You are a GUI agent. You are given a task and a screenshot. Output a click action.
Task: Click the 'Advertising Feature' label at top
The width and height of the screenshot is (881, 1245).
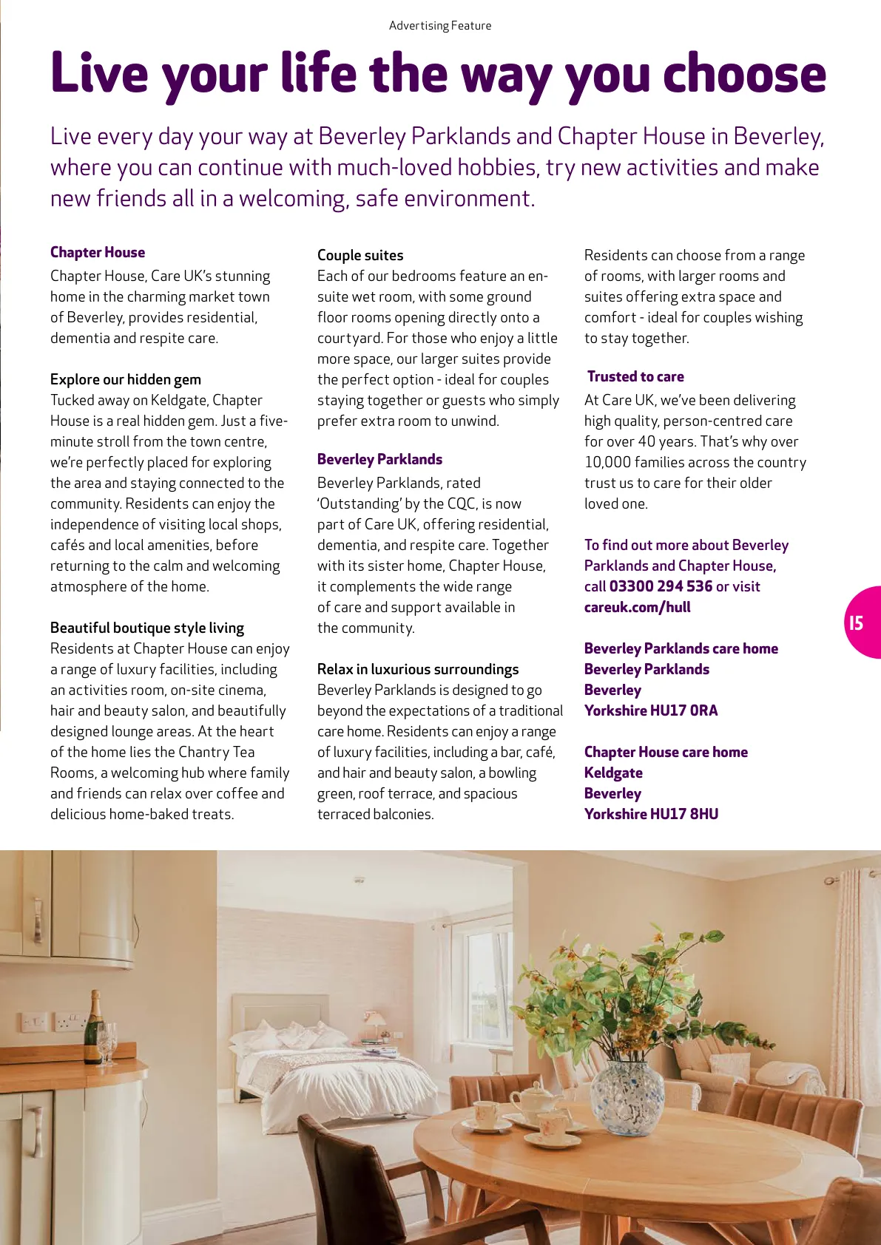pos(440,25)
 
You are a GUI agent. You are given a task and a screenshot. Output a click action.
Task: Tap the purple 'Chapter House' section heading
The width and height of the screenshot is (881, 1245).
pos(98,252)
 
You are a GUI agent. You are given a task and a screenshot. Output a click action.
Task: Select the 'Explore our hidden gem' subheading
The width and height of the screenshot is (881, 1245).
pos(126,379)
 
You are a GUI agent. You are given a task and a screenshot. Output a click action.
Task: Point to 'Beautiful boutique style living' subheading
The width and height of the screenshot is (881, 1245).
pos(147,628)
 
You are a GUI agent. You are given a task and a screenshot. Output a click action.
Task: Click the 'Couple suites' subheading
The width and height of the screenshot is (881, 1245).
pos(360,255)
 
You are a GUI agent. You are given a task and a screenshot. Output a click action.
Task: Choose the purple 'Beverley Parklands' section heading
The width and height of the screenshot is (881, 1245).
pos(379,459)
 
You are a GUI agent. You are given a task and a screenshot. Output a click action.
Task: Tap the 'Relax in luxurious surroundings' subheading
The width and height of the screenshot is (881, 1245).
pos(418,669)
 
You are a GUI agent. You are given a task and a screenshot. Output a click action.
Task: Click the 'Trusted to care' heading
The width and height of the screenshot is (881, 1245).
pos(635,376)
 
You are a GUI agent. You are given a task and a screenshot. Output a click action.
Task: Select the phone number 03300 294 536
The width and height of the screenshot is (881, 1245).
pos(661,586)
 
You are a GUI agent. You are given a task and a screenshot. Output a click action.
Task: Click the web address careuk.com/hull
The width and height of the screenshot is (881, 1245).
pos(637,607)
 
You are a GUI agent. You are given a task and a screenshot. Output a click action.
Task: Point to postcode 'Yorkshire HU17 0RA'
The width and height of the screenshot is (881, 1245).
pos(651,710)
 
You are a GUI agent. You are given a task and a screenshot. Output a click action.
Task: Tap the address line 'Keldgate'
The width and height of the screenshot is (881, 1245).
pos(613,773)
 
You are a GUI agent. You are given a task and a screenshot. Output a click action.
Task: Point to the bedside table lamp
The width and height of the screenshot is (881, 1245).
pos(377,1024)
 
